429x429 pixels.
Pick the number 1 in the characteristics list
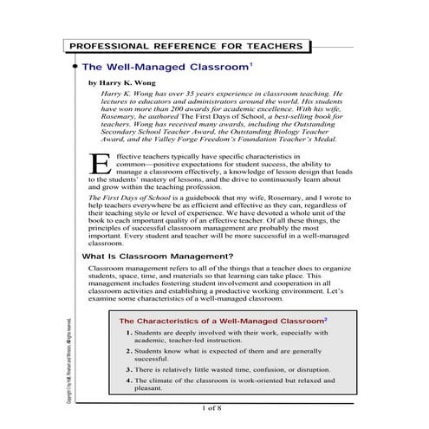pos(128,333)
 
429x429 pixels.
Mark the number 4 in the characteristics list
pos(128,380)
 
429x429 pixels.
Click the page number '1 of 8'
pos(211,406)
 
